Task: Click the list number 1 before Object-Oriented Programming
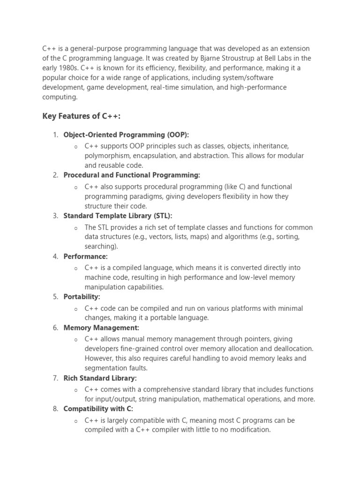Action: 55,135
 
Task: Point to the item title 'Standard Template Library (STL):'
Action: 118,216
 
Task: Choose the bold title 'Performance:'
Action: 85,256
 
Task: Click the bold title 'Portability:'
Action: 82,297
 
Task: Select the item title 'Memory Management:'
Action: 101,328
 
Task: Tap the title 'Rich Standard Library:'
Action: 100,378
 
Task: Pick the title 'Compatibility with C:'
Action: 98,409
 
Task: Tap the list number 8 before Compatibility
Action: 55,409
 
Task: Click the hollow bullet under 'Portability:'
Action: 76,309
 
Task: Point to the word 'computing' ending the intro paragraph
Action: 60,97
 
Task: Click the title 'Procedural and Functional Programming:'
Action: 132,175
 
